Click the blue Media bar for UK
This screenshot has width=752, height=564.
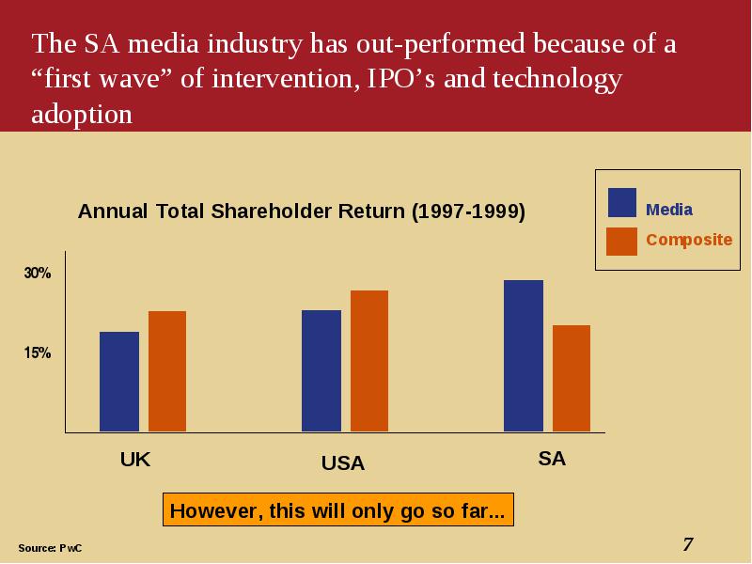(x=119, y=382)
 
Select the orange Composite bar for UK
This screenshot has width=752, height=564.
(x=167, y=371)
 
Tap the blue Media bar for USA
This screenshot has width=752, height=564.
(x=321, y=370)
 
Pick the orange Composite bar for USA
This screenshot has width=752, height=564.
(x=369, y=361)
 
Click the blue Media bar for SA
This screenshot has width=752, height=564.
(x=524, y=356)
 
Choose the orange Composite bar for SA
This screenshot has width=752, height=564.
(x=572, y=379)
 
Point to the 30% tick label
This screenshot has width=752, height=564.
(x=38, y=273)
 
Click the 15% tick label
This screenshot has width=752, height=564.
(x=38, y=353)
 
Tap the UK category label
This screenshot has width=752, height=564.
(x=135, y=460)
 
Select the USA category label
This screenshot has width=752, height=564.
(x=343, y=463)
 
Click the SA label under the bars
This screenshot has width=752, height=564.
(x=552, y=459)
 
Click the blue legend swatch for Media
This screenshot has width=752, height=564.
(x=622, y=202)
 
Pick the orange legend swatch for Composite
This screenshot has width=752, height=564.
(x=621, y=242)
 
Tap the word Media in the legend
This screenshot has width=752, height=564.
(x=669, y=210)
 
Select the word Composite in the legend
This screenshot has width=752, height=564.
(x=689, y=240)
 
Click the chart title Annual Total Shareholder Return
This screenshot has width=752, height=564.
(x=301, y=211)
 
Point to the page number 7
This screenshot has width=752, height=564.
(x=688, y=544)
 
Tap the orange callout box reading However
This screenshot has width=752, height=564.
(x=338, y=509)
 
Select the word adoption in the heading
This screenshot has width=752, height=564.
(x=82, y=115)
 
